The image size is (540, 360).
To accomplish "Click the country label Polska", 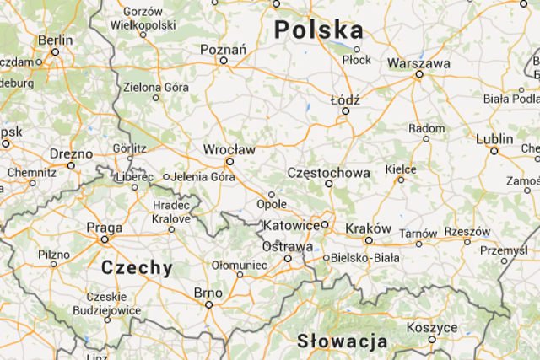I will pos(319,30).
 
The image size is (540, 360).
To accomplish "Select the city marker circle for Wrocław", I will pos(229,161).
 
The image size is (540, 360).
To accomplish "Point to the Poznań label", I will pos(223,49).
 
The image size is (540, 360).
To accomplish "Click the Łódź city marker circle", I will pos(344,110).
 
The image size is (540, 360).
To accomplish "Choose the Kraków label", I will pos(368,228).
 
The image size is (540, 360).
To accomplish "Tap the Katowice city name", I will pos(291,226).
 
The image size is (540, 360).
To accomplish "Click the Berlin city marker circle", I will pos(55,51).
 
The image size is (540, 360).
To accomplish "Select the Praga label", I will pos(105,227).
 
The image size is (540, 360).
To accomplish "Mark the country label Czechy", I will pos(137,268).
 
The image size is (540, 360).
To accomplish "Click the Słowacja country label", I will pos(343,341).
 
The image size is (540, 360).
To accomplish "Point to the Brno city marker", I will pos(208,304).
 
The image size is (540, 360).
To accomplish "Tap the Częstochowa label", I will pos(328,173).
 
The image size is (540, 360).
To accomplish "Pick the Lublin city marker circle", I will pos(494,151).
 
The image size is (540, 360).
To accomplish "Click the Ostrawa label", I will pos(288,246).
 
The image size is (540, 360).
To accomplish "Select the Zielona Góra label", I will pos(154,87).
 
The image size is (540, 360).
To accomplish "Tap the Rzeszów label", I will pos(467,231).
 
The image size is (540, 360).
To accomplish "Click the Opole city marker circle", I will pos(272,195).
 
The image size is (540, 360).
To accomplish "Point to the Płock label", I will pos(357,60).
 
